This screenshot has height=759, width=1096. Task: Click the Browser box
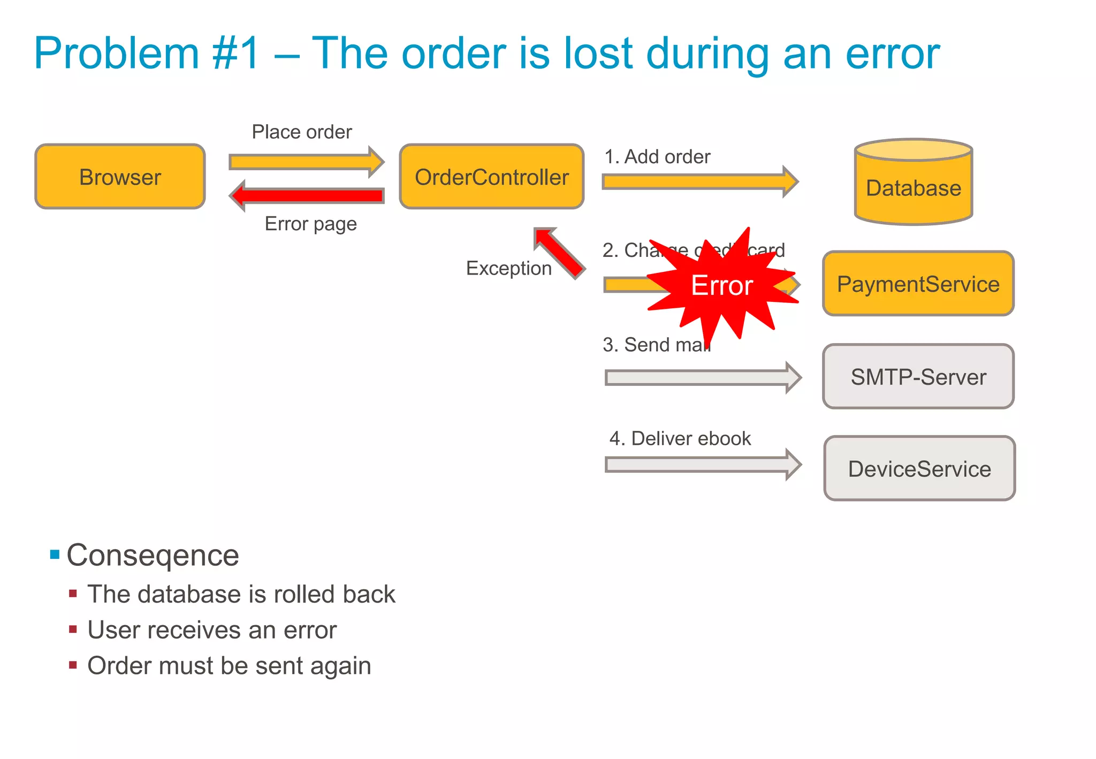120,177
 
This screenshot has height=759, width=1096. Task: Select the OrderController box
491,177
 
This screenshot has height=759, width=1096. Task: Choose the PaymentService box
918,284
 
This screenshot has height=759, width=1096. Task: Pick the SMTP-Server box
918,377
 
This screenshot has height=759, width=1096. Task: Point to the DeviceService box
919,469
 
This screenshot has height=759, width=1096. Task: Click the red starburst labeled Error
722,285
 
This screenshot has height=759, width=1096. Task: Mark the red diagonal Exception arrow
559,253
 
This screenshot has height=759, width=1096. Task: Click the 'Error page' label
310,224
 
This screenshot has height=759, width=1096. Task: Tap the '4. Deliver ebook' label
680,438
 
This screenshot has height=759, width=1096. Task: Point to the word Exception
508,268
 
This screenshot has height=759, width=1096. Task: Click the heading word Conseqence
153,555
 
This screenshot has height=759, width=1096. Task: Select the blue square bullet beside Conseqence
55,554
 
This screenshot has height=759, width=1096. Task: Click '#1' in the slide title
235,54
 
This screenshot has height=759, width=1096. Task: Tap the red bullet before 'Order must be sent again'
73,665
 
